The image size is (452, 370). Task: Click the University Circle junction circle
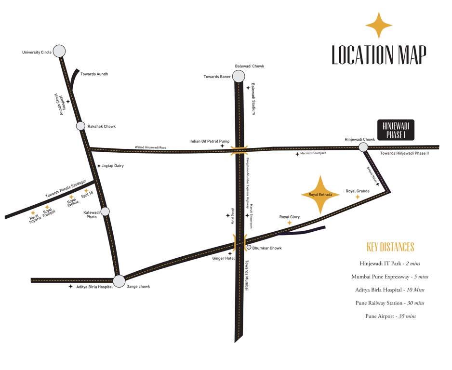point(59,51)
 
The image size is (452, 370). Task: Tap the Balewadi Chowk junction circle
point(239,76)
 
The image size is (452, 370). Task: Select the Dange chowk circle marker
point(119,281)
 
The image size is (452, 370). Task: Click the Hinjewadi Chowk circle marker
point(363,147)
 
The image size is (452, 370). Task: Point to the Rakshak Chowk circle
point(80,126)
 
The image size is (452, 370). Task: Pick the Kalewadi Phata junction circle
point(105,211)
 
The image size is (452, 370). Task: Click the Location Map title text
point(379,55)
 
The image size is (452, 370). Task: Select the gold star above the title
point(379,25)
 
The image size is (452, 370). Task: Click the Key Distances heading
point(390,247)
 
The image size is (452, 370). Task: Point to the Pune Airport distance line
point(390,316)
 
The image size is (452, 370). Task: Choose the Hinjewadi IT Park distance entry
point(390,264)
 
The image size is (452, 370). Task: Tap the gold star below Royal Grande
point(358,197)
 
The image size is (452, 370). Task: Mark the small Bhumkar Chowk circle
point(249,248)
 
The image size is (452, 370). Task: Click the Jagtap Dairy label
point(113,166)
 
